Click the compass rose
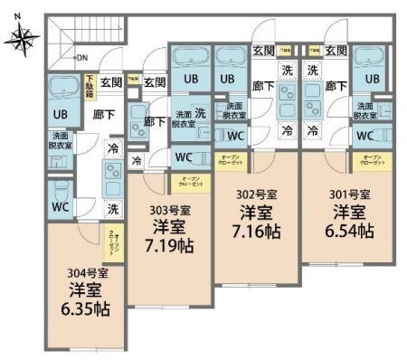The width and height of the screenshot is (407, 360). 24,38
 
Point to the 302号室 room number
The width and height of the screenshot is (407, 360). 258,194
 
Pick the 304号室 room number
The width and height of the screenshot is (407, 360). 88,273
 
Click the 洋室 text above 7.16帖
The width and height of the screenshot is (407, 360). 258,213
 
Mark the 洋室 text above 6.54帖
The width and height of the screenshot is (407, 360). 349,213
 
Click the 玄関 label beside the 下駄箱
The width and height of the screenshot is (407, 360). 110,82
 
